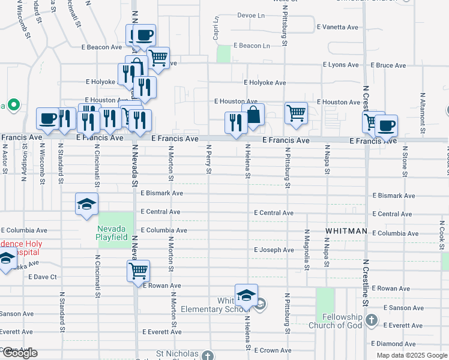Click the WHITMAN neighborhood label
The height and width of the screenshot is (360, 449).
click(346, 231)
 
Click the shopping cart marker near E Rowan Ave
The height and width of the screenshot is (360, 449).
click(139, 271)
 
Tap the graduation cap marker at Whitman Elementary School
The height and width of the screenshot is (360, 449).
click(246, 295)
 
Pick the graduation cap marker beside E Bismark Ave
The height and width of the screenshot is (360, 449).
click(86, 204)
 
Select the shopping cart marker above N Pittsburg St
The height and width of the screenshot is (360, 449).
click(296, 112)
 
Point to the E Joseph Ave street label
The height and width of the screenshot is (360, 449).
click(274, 250)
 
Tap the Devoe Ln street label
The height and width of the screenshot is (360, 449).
click(251, 15)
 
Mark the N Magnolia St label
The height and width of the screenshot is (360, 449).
click(306, 246)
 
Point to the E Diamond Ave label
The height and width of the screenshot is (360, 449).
click(393, 344)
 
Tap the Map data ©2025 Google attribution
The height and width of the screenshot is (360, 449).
click(411, 355)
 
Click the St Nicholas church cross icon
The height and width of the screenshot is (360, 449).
click(207, 355)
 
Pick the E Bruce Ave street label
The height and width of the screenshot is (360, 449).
click(388, 65)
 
